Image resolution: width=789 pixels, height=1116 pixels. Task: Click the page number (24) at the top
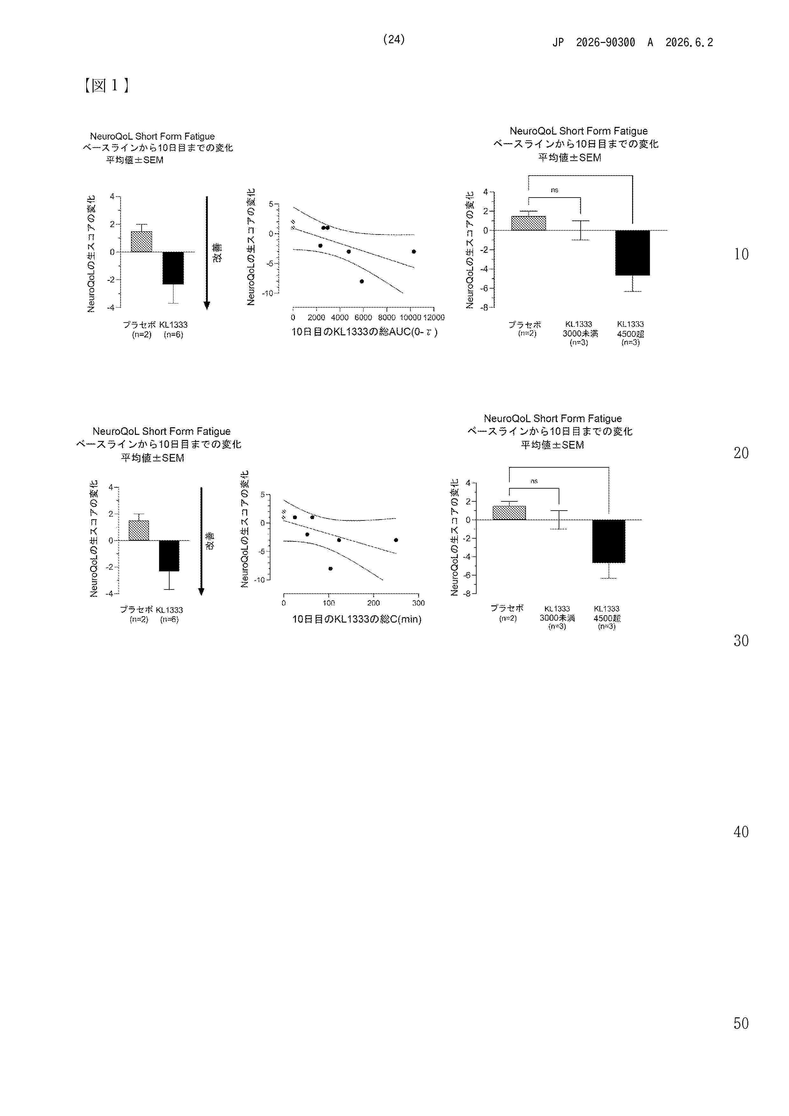point(394,39)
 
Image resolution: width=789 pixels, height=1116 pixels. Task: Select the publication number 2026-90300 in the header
point(605,43)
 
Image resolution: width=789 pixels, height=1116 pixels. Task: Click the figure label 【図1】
point(106,86)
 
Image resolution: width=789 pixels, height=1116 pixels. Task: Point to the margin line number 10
point(741,254)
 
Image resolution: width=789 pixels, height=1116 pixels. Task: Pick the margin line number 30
point(741,641)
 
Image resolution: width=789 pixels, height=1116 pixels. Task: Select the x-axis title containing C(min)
point(356,619)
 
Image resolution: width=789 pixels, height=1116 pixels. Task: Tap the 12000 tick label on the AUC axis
point(434,317)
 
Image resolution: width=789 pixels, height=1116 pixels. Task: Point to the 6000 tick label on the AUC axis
point(363,317)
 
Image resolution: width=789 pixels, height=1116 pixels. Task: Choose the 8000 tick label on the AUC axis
point(387,317)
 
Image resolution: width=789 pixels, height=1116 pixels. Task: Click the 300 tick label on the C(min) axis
point(418,603)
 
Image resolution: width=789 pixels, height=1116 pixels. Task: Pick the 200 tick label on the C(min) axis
point(374,603)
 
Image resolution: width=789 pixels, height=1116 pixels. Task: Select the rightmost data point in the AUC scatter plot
point(414,251)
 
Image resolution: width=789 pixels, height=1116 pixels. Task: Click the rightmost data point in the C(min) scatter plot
point(396,540)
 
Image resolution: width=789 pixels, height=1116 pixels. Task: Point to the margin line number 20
point(741,453)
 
